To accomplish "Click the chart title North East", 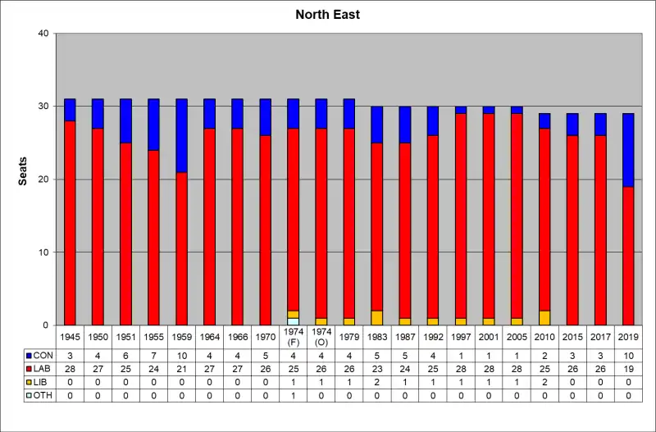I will [328, 15].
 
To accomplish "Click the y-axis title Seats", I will [24, 171].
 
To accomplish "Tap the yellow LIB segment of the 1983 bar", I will [377, 318].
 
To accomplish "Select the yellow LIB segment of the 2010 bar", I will [544, 318].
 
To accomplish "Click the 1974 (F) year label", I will [293, 336].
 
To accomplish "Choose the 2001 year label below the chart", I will [489, 336].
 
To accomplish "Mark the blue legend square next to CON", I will [30, 356].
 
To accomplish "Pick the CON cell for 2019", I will [628, 356].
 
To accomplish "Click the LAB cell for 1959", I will [181, 370].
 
